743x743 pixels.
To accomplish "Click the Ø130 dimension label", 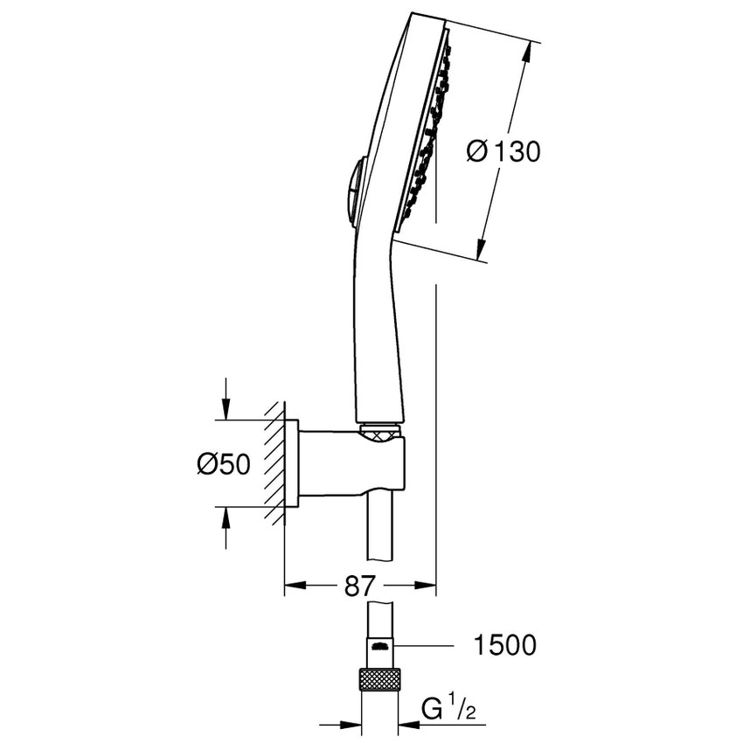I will [504, 151].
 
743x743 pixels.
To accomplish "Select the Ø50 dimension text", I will [223, 465].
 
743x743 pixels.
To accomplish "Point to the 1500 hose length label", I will [503, 647].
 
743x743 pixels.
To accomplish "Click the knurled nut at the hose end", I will [378, 679].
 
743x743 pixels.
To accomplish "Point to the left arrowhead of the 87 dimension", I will [294, 587].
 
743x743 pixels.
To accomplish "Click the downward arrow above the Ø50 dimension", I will [226, 410].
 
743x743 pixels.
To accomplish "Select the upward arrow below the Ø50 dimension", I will [226, 518].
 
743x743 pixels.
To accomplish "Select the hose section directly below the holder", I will [378, 533].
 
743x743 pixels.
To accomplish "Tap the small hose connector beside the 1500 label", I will [378, 647].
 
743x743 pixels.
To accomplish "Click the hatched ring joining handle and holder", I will [378, 429].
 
